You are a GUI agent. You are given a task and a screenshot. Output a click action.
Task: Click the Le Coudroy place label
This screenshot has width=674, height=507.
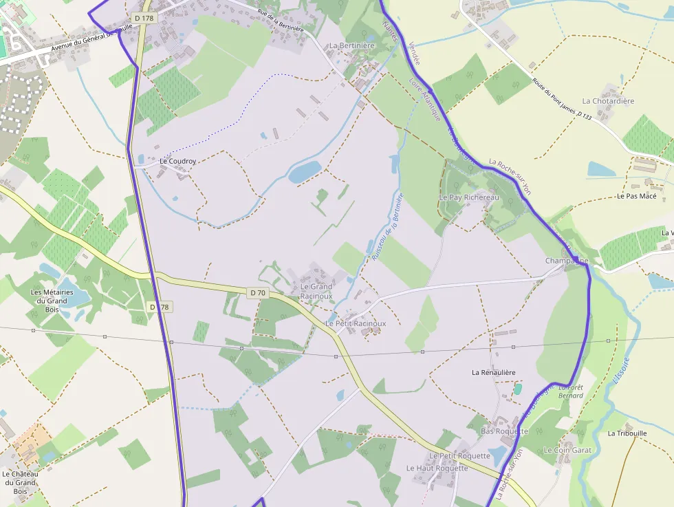(x=178, y=162)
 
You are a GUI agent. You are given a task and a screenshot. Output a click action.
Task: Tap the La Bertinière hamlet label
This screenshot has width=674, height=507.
(x=351, y=46)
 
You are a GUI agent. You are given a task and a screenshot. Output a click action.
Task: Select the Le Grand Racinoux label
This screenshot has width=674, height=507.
(x=316, y=292)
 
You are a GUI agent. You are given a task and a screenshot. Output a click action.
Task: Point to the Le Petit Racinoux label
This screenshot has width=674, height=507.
(x=356, y=323)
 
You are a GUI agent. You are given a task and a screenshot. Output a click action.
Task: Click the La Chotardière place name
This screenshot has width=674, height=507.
(x=608, y=101)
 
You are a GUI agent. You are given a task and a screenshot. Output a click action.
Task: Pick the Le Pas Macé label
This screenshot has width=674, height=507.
(x=636, y=196)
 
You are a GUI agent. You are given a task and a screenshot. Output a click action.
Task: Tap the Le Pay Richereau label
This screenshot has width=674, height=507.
(x=469, y=197)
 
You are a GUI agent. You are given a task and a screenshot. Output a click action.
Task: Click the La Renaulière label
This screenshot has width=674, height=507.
(x=493, y=372)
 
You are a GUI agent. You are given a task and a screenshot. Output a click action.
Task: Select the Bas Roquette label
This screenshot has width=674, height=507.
(x=504, y=431)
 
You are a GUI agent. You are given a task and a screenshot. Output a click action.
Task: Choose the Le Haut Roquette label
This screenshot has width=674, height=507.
(x=437, y=468)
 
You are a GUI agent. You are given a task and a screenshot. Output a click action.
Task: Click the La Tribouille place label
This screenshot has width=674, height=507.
(x=627, y=433)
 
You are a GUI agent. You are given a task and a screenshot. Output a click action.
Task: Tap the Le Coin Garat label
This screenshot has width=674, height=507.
(x=567, y=450)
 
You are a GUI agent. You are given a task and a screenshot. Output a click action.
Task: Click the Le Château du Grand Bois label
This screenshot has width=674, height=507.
(x=20, y=482)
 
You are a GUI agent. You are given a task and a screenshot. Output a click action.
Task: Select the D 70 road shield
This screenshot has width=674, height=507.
(x=257, y=293)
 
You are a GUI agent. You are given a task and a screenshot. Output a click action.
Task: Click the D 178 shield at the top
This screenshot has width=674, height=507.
(x=143, y=18)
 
